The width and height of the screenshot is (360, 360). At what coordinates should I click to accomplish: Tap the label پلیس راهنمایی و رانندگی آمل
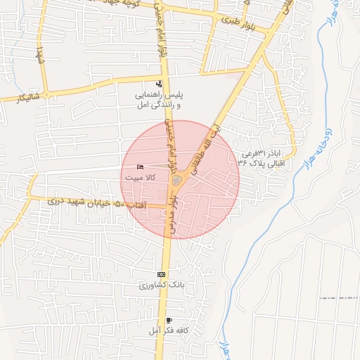click(159, 99)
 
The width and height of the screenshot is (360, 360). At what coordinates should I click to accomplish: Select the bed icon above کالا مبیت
click(140, 167)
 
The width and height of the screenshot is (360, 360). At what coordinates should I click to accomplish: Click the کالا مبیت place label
click(140, 178)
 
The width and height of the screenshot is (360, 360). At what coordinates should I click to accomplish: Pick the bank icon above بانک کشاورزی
click(161, 274)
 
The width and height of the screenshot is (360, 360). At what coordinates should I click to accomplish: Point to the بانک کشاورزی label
click(162, 285)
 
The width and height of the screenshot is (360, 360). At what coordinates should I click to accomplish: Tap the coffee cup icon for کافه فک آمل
click(168, 321)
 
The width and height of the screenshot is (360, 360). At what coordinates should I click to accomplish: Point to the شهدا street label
click(40, 53)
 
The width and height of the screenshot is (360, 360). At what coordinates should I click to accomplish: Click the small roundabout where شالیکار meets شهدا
click(47, 94)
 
